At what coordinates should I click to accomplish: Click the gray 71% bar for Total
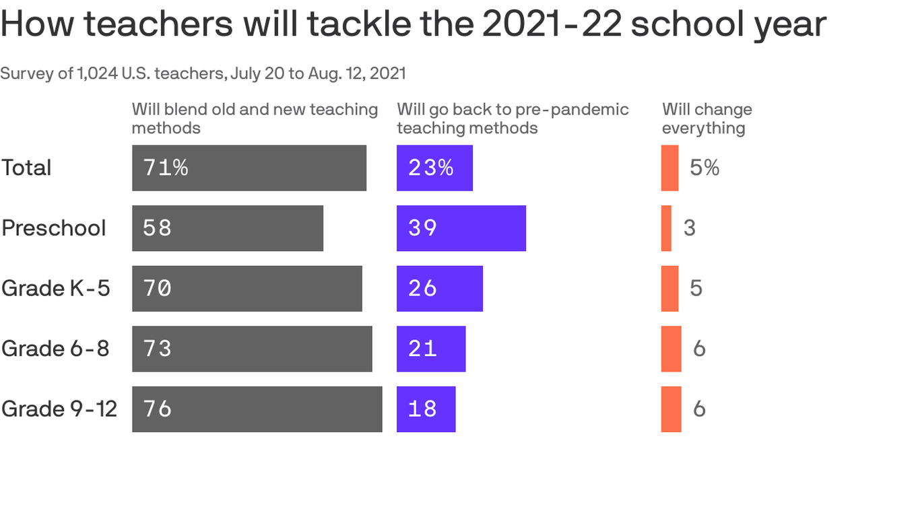pyautogui.click(x=249, y=168)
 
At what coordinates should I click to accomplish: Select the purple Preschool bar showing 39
pyautogui.click(x=461, y=228)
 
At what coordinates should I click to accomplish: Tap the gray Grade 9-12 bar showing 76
pyautogui.click(x=257, y=409)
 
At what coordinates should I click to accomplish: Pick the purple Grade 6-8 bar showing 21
pyautogui.click(x=431, y=349)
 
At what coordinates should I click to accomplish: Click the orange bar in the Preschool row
pyautogui.click(x=666, y=228)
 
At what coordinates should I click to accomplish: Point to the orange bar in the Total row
pyautogui.click(x=669, y=168)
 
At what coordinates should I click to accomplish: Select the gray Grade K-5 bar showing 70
pyautogui.click(x=247, y=288)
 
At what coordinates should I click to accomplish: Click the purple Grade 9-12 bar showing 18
pyautogui.click(x=426, y=409)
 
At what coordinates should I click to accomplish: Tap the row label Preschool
pyautogui.click(x=54, y=228)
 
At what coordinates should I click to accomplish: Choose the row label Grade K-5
pyautogui.click(x=55, y=288)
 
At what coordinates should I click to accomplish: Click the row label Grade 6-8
pyautogui.click(x=55, y=349)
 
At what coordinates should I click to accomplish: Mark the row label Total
pyautogui.click(x=26, y=168)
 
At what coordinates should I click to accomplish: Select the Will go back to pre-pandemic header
pyautogui.click(x=513, y=118)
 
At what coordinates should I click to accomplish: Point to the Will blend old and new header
pyautogui.click(x=255, y=118)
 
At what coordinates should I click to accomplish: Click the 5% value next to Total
pyautogui.click(x=704, y=168)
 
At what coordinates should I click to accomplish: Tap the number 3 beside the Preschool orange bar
pyautogui.click(x=689, y=228)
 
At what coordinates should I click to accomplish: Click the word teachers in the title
pyautogui.click(x=159, y=24)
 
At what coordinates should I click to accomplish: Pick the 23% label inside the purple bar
pyautogui.click(x=430, y=168)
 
